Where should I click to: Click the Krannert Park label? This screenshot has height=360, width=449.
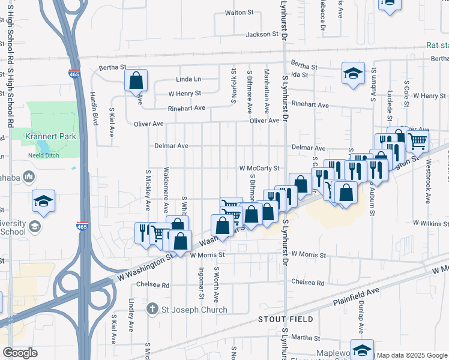(51, 136)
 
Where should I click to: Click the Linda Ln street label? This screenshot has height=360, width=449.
(188, 79)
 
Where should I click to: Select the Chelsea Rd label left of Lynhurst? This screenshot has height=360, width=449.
(153, 285)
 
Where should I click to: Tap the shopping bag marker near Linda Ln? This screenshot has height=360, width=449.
(136, 80)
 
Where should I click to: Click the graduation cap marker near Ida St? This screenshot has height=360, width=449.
(352, 73)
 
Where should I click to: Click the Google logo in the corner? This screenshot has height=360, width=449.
(20, 352)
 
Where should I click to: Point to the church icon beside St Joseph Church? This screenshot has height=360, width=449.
(153, 310)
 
